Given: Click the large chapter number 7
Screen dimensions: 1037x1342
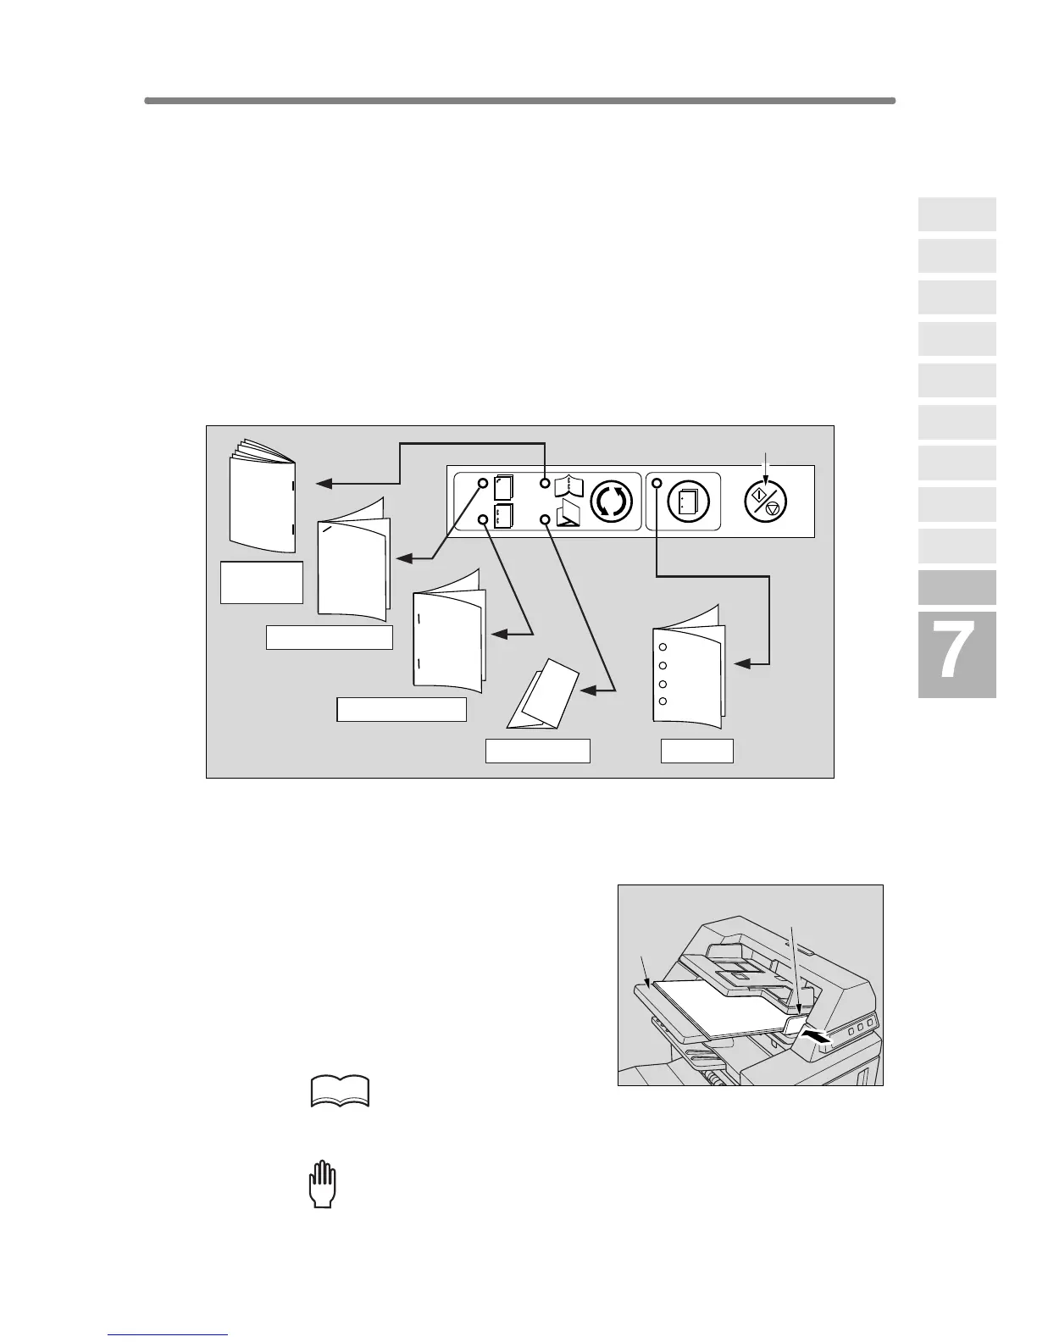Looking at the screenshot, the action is coord(956,653).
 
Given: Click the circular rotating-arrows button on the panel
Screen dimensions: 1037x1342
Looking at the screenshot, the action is coord(611,501).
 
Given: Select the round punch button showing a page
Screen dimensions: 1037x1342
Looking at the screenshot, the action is coord(688,501).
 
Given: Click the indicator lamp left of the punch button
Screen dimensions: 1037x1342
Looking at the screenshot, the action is coord(657,484).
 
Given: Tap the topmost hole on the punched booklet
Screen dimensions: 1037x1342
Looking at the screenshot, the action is coord(663,647).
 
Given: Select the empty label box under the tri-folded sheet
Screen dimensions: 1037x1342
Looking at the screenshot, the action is coord(537,751).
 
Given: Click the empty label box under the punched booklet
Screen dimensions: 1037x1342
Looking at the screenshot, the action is coord(696,751).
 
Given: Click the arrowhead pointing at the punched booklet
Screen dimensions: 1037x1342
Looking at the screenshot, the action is coord(741,665).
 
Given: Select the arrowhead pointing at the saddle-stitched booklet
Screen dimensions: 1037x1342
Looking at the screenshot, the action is coord(323,484).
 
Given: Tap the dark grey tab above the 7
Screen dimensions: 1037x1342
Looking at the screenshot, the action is coord(957,587).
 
